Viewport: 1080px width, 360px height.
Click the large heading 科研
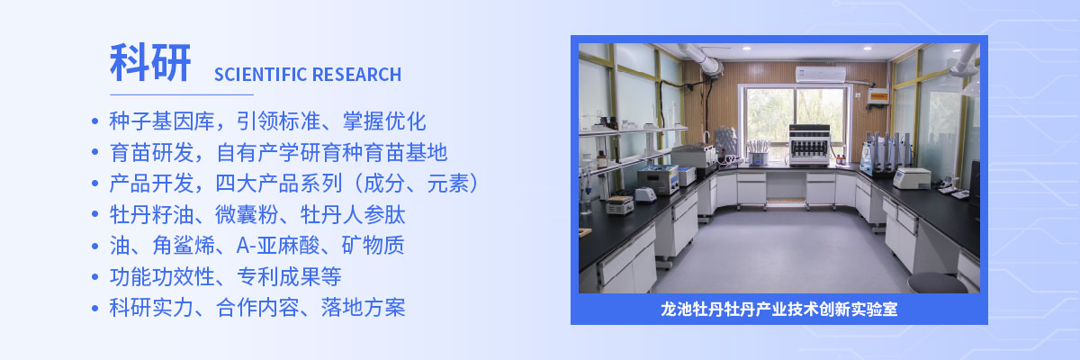click(x=151, y=63)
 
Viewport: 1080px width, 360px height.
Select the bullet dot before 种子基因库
click(x=95, y=121)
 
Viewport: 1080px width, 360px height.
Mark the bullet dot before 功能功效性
click(x=95, y=277)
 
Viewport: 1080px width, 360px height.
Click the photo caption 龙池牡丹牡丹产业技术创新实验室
click(x=779, y=310)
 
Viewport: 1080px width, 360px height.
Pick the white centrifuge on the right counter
click(x=911, y=177)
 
